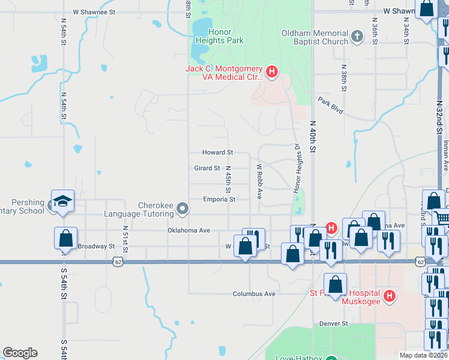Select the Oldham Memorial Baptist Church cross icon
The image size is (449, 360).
tap(357, 37)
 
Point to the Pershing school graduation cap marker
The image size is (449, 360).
tap(62, 203)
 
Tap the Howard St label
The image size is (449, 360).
tap(217, 153)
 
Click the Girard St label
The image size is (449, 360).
tap(207, 169)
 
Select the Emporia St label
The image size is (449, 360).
tap(218, 199)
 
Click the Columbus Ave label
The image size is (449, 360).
tap(254, 294)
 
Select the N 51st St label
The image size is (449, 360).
tap(125, 236)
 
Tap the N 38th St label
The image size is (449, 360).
tap(344, 78)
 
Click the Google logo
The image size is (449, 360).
tap(20, 353)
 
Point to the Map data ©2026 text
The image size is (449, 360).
tap(423, 355)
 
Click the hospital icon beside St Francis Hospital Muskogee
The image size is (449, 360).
tap(390, 296)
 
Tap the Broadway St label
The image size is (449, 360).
tap(96, 247)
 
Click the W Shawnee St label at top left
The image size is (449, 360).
tap(94, 11)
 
